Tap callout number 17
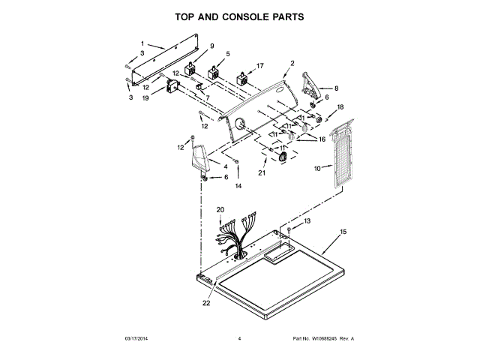pos(260,66)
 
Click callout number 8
pos(336,88)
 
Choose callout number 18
pos(339,107)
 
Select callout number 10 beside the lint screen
pos(317,169)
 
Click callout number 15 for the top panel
pos(344,232)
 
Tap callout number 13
pos(306,223)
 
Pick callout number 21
pos(262,172)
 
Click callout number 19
pos(145,98)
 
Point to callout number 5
pos(228,54)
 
